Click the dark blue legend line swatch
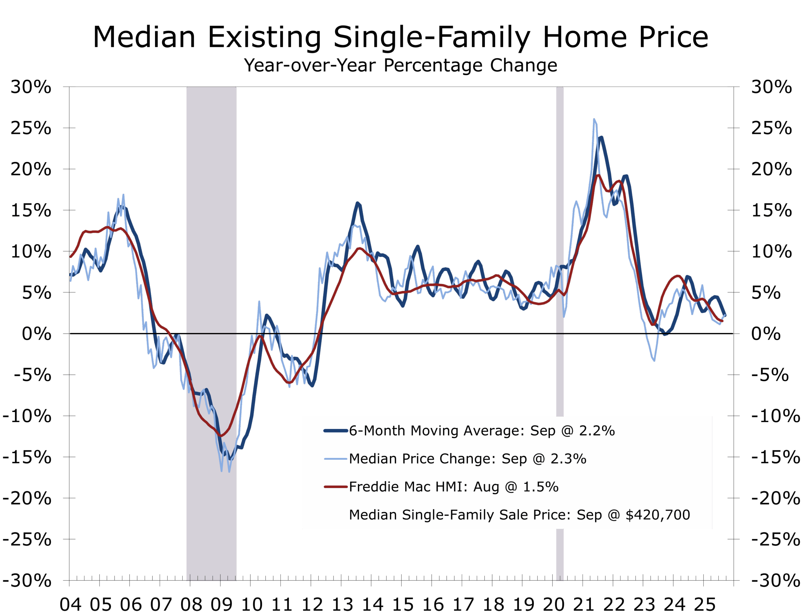[x=335, y=431]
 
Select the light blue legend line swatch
[x=335, y=459]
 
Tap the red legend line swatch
[x=335, y=487]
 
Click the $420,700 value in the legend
[x=657, y=515]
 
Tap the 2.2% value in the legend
[x=597, y=431]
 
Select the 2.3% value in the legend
[x=568, y=459]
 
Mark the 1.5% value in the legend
[x=540, y=487]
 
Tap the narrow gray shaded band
[x=560, y=220]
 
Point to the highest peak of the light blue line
[x=594, y=119]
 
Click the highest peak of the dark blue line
[x=601, y=137]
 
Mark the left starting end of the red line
[x=71, y=257]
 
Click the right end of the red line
[x=722, y=321]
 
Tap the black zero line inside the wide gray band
[x=211, y=333]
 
